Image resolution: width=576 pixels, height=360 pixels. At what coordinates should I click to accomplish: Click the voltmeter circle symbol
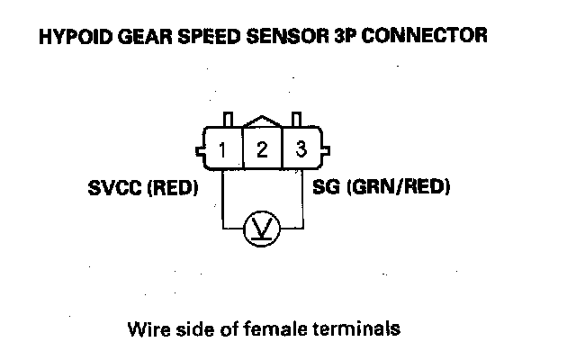pos(262,229)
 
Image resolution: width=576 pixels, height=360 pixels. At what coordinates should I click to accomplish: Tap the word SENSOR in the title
pos(267,37)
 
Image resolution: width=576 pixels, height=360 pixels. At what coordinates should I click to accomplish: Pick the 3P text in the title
pos(325,37)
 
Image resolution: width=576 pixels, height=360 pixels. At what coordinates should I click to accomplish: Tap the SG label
pos(327,190)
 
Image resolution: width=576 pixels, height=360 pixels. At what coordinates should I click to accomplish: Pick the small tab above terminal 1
pos(229,120)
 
